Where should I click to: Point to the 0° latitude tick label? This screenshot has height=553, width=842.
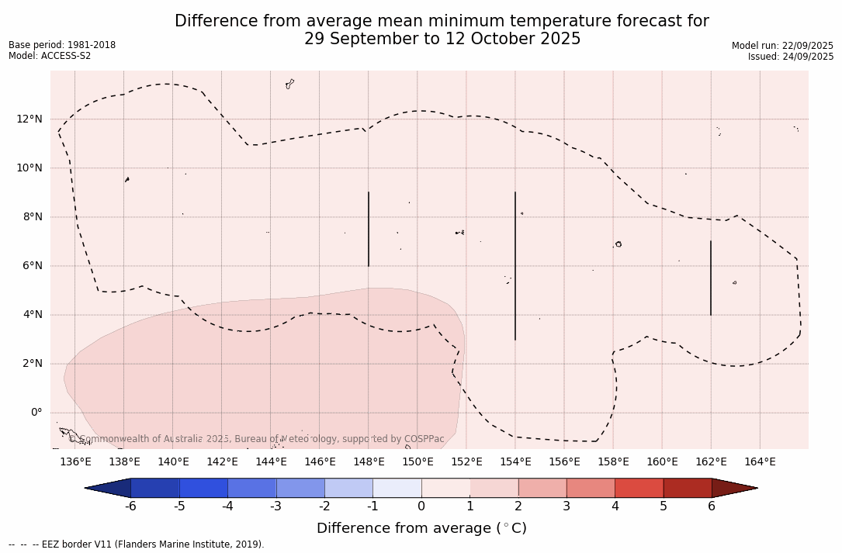tap(36, 413)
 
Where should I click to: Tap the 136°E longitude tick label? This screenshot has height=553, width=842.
tap(75, 462)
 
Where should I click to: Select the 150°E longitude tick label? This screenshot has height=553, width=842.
tap(418, 462)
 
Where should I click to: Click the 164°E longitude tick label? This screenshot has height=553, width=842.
tap(760, 462)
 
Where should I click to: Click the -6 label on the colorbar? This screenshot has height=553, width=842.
tap(130, 506)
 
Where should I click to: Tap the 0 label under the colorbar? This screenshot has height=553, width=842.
tap(421, 506)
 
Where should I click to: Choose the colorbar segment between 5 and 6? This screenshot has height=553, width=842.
tap(688, 488)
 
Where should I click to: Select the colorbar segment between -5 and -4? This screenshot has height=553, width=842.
tap(204, 488)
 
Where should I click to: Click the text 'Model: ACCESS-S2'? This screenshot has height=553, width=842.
tap(50, 56)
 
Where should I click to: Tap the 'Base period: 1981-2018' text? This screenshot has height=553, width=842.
tap(62, 45)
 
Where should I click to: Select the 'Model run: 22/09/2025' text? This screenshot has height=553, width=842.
tap(782, 46)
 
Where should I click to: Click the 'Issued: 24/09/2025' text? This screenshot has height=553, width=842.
tap(791, 57)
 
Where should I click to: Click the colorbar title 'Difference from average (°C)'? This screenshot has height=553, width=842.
tap(421, 528)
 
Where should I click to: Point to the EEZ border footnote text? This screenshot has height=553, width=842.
tap(137, 544)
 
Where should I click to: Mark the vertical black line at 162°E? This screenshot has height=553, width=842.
tap(711, 278)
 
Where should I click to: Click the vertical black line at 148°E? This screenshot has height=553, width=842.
tap(369, 229)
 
